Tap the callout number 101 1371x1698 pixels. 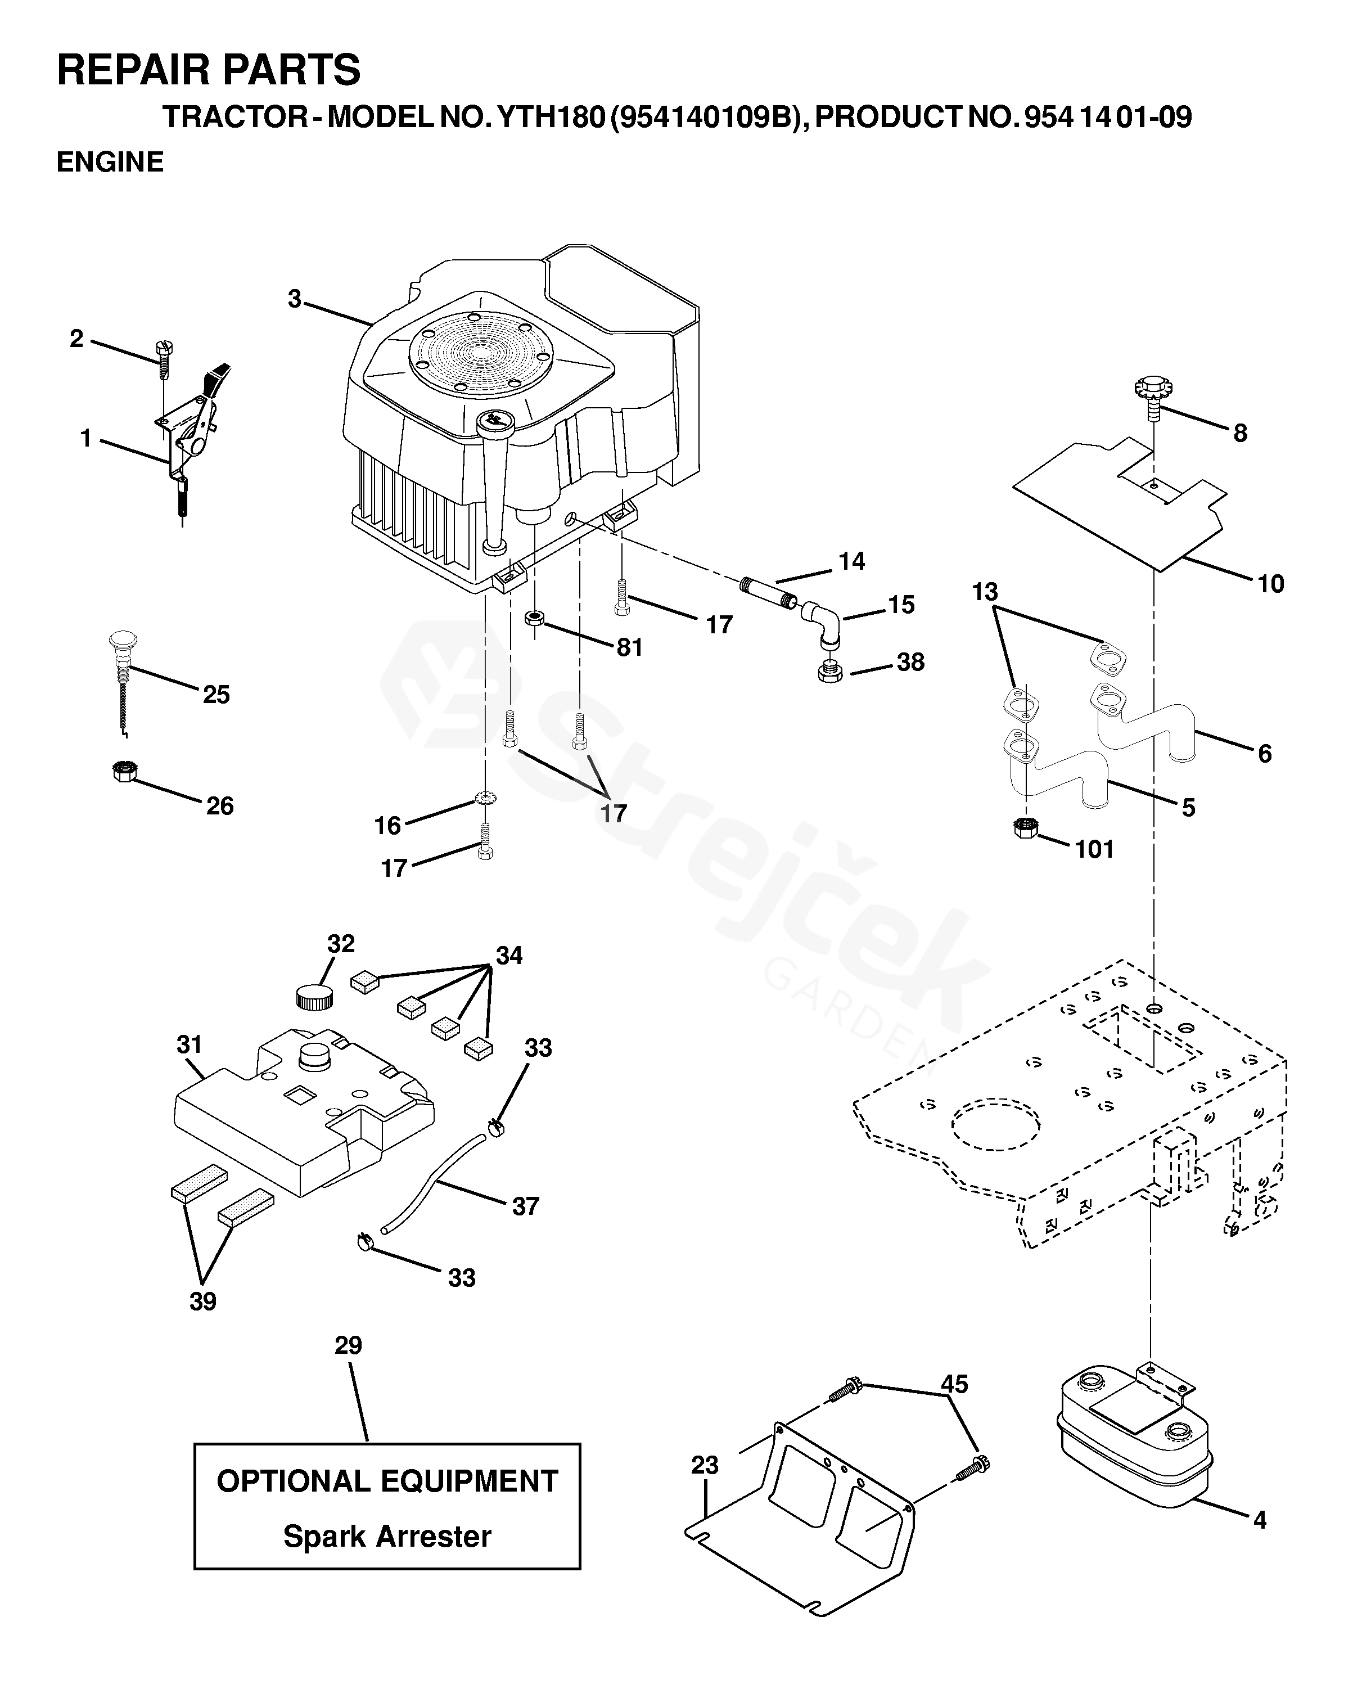pyautogui.click(x=1094, y=849)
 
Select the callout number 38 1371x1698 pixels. pyautogui.click(x=910, y=662)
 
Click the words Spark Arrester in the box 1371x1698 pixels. pyautogui.click(x=387, y=1536)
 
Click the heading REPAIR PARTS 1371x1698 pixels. pyautogui.click(x=209, y=70)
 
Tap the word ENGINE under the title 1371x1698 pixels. pyautogui.click(x=110, y=162)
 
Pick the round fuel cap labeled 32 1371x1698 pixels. pyautogui.click(x=314, y=997)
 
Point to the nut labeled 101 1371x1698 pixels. pyautogui.click(x=1025, y=828)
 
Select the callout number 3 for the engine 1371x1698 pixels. pyautogui.click(x=295, y=299)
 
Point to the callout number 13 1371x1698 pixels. pyautogui.click(x=985, y=592)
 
